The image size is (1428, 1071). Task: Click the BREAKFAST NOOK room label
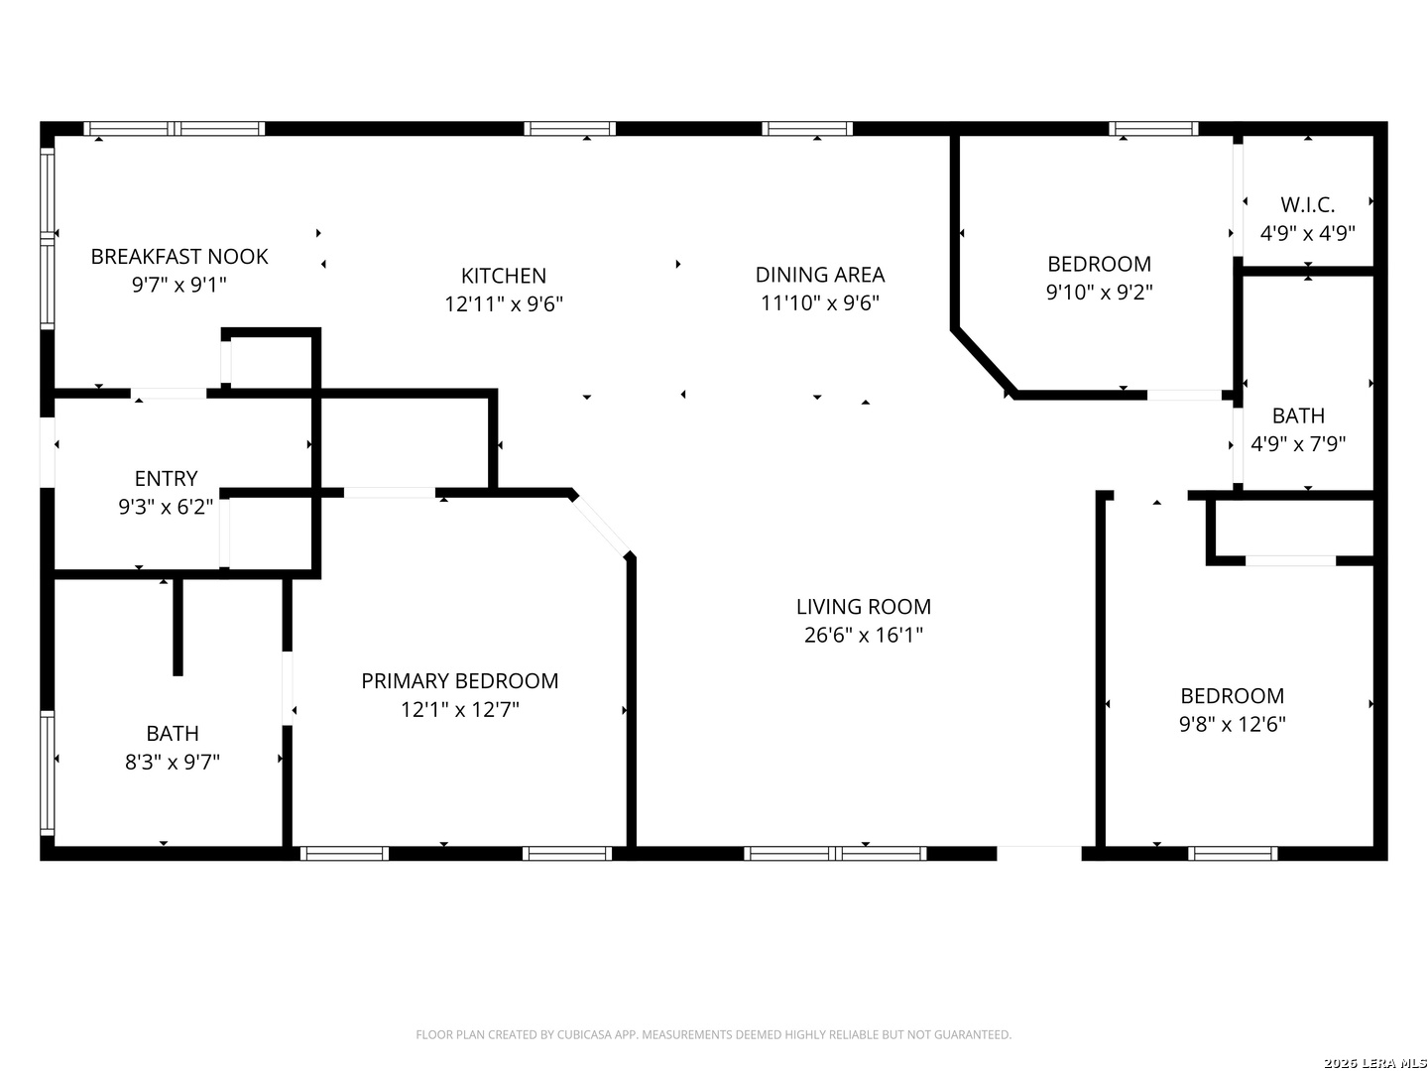click(178, 257)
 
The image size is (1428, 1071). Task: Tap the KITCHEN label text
click(504, 276)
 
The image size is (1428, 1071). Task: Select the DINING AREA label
click(820, 275)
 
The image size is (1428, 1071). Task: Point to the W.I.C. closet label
click(1307, 205)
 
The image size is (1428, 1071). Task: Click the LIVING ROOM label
click(864, 607)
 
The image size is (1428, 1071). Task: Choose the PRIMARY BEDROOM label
click(460, 681)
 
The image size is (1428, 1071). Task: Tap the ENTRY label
click(166, 479)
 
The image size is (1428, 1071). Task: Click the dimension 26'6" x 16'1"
click(864, 635)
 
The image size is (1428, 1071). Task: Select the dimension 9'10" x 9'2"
click(1099, 292)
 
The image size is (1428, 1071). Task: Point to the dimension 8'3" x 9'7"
click(173, 762)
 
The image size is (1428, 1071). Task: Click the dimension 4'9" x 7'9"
click(1298, 444)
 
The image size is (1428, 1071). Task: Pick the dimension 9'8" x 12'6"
click(1233, 724)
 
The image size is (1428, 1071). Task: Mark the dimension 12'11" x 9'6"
click(504, 303)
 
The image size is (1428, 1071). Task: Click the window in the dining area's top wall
click(806, 129)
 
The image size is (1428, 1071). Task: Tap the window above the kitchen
click(569, 129)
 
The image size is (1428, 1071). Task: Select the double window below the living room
click(835, 853)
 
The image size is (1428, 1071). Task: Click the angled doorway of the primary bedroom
click(601, 525)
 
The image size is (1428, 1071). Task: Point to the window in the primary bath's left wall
click(47, 773)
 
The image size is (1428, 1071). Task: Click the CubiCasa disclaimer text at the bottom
click(714, 1034)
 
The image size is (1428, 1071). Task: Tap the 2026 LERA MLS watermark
click(1374, 1062)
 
